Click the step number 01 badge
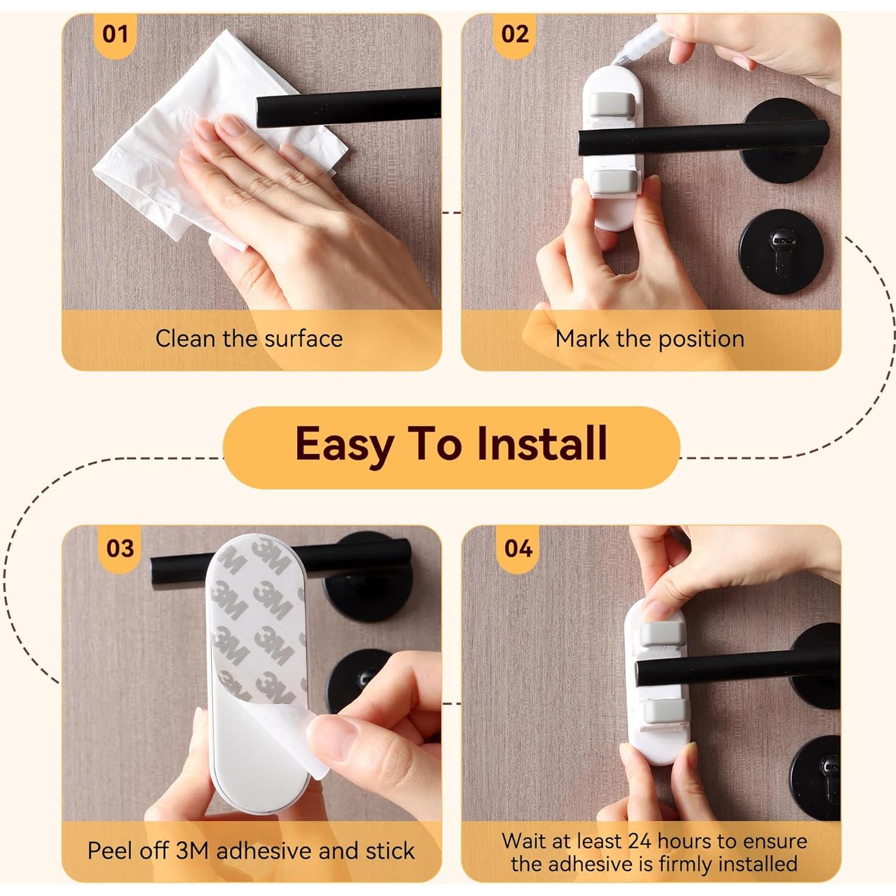[x=115, y=34]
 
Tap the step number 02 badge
[x=514, y=34]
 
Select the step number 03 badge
[x=120, y=548]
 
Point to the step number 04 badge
[x=518, y=548]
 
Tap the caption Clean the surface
[x=249, y=338]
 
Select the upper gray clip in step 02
[x=612, y=103]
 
